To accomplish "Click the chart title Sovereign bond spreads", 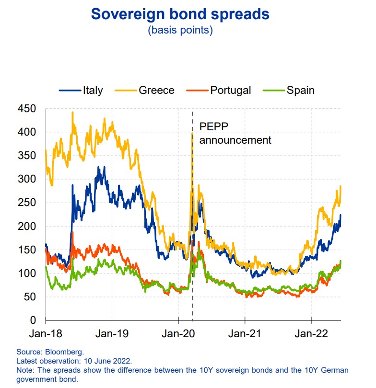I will coord(180,14).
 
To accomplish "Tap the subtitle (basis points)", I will coord(180,30).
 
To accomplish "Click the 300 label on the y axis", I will coord(26,179).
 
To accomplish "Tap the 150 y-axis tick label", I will coord(26,250).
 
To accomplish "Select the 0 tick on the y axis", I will coord(33,320).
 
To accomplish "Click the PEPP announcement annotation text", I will coord(235,134).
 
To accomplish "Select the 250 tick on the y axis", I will coord(26,203).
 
